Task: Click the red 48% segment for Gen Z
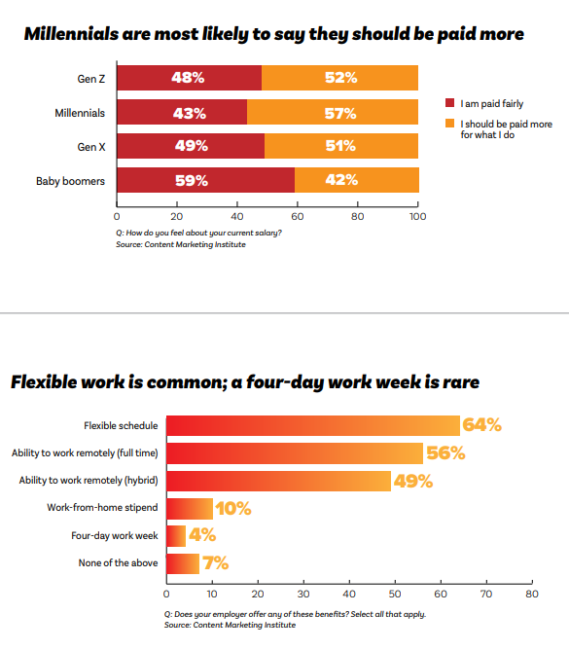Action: tap(189, 78)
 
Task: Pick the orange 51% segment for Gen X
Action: tap(340, 147)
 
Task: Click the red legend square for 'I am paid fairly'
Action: tap(449, 102)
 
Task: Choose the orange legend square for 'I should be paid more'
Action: tap(449, 124)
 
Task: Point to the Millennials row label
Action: tap(80, 113)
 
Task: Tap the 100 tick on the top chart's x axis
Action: tap(417, 217)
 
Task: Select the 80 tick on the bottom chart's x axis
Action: tap(531, 593)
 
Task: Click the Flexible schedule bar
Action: tap(312, 425)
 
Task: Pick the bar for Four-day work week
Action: tap(176, 535)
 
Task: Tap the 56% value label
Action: tap(445, 452)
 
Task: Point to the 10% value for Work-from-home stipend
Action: tap(233, 508)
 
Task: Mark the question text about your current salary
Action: tap(186, 234)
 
